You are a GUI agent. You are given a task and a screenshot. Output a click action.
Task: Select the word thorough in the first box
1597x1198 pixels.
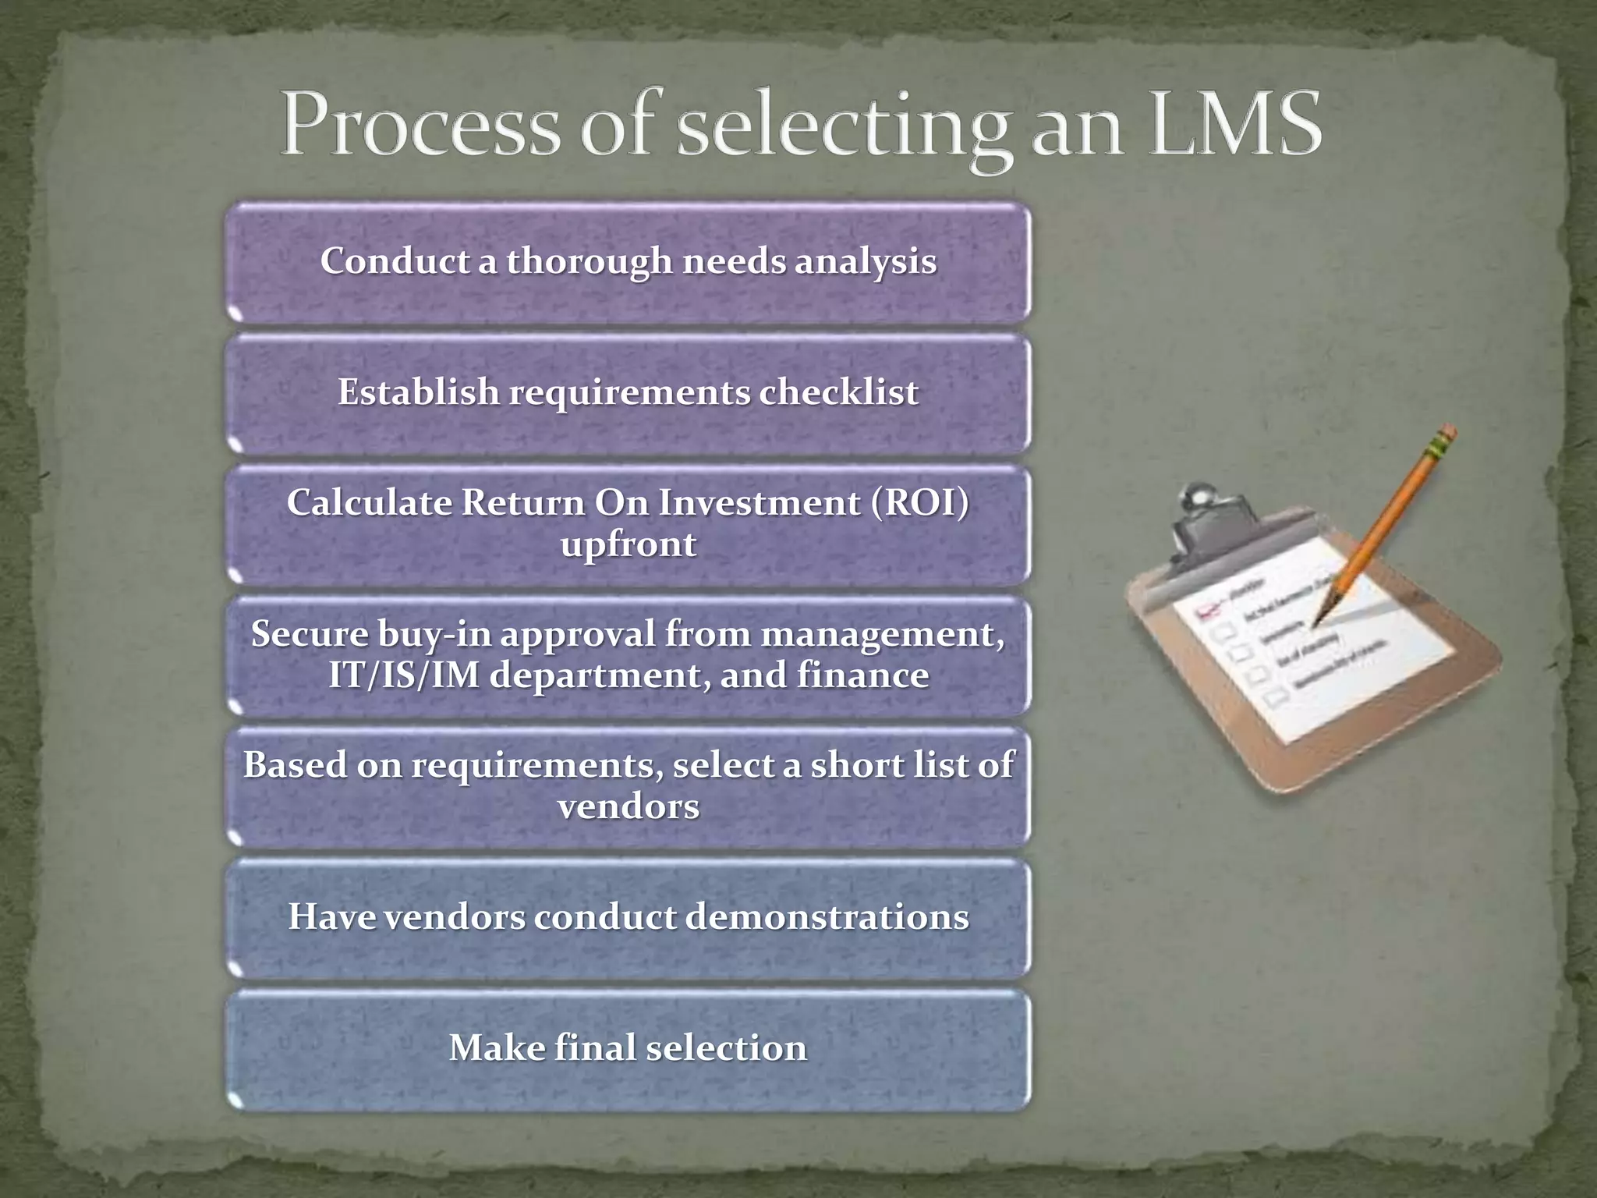coord(590,261)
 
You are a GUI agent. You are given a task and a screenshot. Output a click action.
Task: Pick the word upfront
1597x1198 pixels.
coord(629,544)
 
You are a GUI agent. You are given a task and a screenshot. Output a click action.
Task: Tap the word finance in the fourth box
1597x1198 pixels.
coord(862,675)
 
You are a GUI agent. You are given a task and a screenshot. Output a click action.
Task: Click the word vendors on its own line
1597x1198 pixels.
coord(629,806)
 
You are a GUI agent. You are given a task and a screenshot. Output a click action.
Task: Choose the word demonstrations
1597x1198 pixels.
coord(827,916)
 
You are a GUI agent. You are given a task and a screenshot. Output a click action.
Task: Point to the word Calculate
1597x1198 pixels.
coord(368,503)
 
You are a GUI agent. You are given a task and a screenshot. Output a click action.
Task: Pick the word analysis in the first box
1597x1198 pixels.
coord(866,261)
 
